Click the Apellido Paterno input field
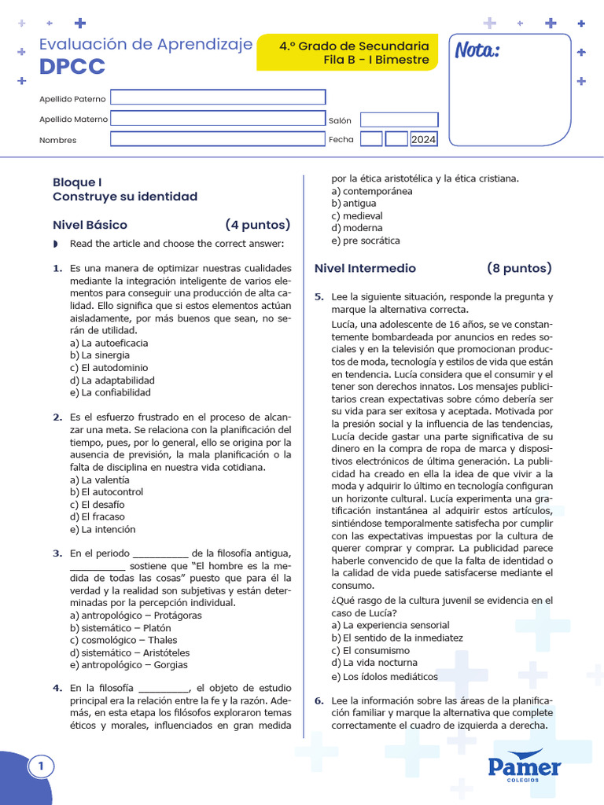coord(218,97)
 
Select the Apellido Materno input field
coord(218,119)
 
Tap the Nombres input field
coord(218,139)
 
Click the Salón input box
coord(399,119)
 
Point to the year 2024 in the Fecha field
coord(423,140)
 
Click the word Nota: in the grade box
coord(477,52)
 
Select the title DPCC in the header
coord(72,68)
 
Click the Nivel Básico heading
coord(90,225)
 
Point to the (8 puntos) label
coord(519,269)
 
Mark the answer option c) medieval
coord(357,216)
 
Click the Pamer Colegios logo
coord(524,766)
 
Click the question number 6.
coord(319,701)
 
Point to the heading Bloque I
coord(77,182)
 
